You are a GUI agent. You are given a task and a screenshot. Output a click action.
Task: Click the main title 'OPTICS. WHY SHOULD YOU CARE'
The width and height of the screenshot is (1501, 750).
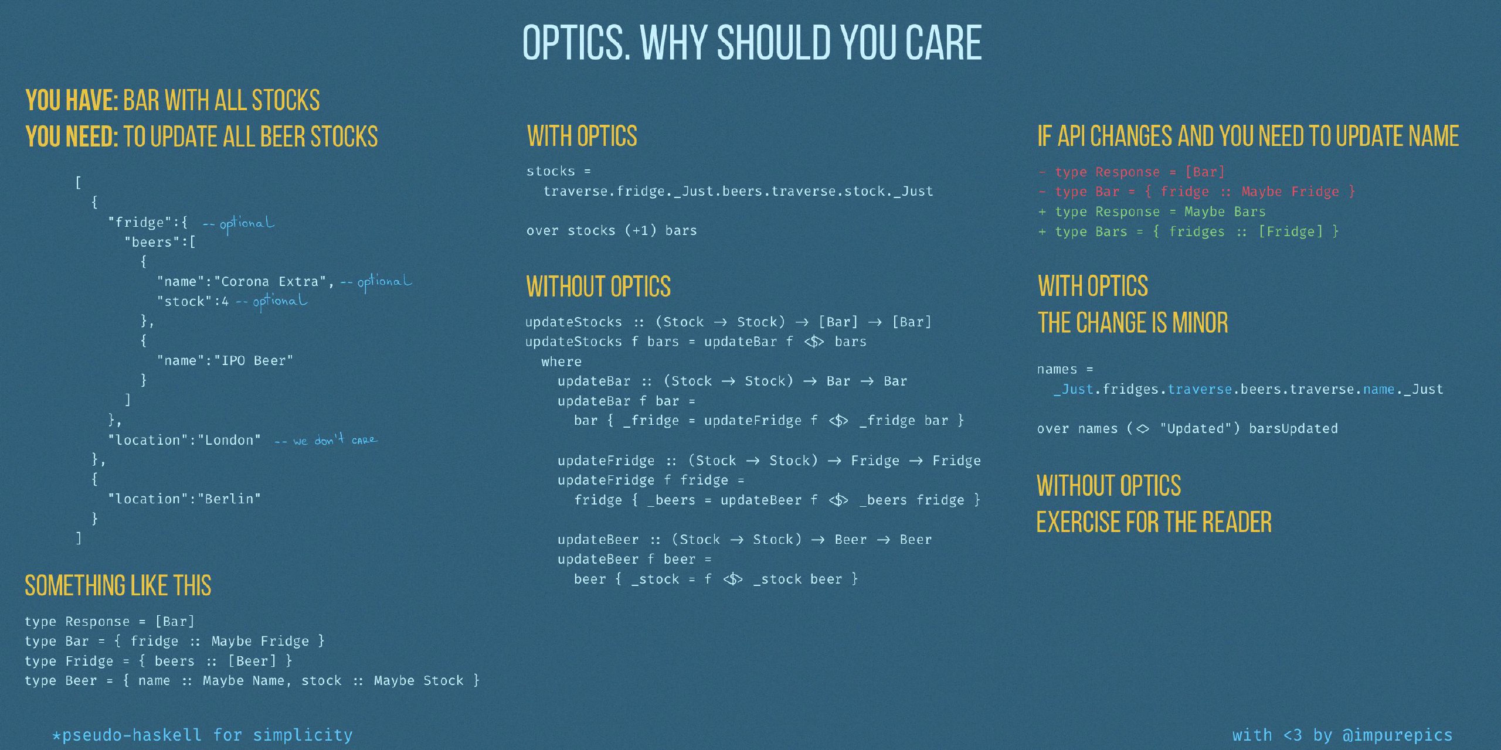click(x=752, y=43)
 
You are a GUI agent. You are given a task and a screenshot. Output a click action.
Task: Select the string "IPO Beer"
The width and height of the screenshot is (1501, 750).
click(x=254, y=360)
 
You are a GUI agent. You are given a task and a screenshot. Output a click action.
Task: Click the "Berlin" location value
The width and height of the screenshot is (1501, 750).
click(x=229, y=499)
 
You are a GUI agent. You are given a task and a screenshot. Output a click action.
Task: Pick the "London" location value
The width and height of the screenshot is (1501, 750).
click(x=229, y=440)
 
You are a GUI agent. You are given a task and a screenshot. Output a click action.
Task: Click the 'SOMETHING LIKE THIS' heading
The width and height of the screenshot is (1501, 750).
click(x=118, y=585)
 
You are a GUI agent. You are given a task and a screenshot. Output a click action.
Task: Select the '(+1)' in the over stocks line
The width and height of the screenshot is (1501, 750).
click(x=640, y=230)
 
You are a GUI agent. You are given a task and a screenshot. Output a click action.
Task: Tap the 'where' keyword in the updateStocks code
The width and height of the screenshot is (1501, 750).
click(x=561, y=362)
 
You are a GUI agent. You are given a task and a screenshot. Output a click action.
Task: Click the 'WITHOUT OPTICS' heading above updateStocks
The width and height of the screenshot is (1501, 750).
click(x=598, y=287)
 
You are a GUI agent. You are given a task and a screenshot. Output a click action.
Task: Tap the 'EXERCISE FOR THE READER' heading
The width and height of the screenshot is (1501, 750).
click(x=1154, y=522)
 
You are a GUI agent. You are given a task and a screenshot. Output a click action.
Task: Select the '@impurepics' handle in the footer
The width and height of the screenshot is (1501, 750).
click(x=1397, y=735)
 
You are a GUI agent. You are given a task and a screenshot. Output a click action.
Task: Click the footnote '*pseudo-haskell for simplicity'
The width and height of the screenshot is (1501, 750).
click(x=202, y=735)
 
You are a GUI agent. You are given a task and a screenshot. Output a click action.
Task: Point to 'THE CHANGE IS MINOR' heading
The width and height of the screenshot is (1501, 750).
click(x=1133, y=322)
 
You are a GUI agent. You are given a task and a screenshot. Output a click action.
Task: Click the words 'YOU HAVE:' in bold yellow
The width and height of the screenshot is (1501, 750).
click(x=72, y=100)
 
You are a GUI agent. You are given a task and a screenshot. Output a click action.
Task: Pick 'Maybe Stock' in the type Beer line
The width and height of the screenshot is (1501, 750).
click(x=418, y=680)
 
